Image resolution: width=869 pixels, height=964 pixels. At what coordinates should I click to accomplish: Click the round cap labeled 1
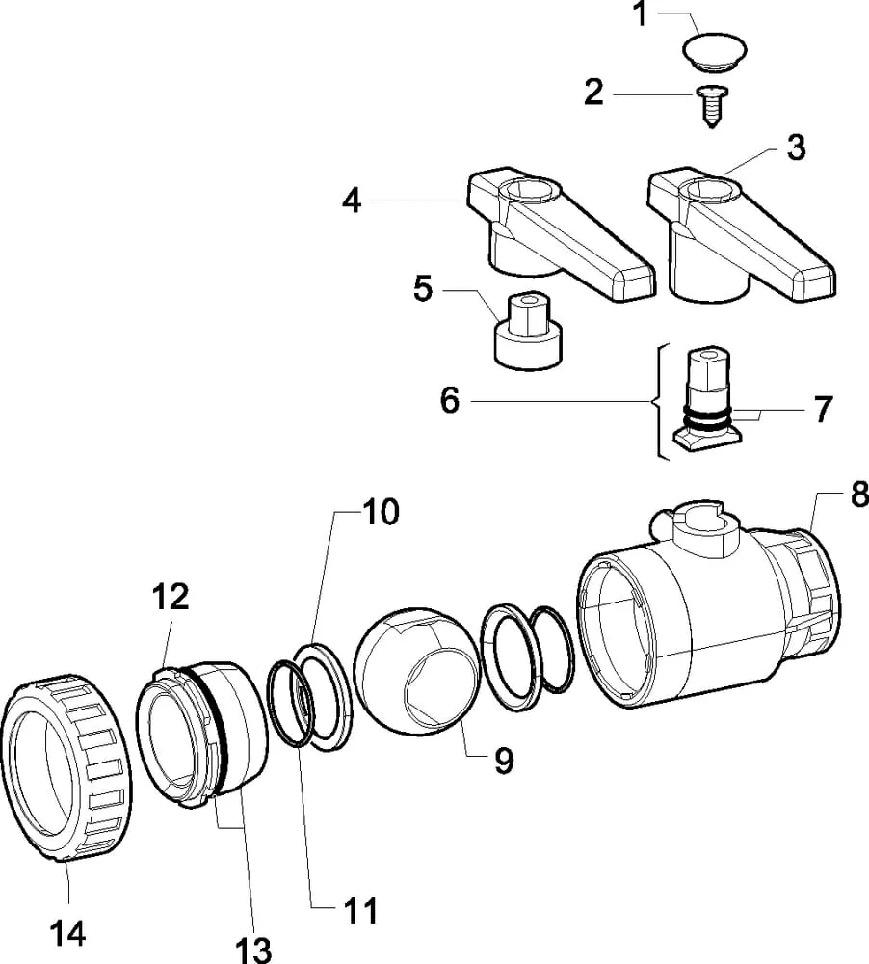click(x=716, y=49)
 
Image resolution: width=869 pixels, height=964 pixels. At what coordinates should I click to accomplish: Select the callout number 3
click(x=797, y=148)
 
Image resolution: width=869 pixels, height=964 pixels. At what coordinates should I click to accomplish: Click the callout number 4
click(x=353, y=201)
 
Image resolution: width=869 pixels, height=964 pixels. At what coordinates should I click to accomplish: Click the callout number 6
click(x=450, y=400)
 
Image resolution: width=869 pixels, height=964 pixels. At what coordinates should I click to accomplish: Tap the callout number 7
click(x=823, y=409)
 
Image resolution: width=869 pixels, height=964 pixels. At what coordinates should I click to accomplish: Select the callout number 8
click(x=859, y=494)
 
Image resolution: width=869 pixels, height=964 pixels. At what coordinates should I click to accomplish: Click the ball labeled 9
click(x=417, y=670)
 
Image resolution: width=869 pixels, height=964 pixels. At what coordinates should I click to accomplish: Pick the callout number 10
click(x=382, y=512)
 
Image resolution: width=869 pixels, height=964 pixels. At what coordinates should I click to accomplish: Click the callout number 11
click(x=360, y=911)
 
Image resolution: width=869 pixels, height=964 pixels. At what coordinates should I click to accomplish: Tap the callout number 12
click(x=171, y=597)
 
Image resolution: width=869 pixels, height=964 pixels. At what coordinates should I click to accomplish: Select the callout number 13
click(x=253, y=950)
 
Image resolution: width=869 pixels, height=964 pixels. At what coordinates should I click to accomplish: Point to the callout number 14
click(x=67, y=934)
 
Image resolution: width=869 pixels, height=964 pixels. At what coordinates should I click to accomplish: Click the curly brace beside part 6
click(x=659, y=401)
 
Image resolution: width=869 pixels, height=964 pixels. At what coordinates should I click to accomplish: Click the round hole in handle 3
click(x=711, y=190)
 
